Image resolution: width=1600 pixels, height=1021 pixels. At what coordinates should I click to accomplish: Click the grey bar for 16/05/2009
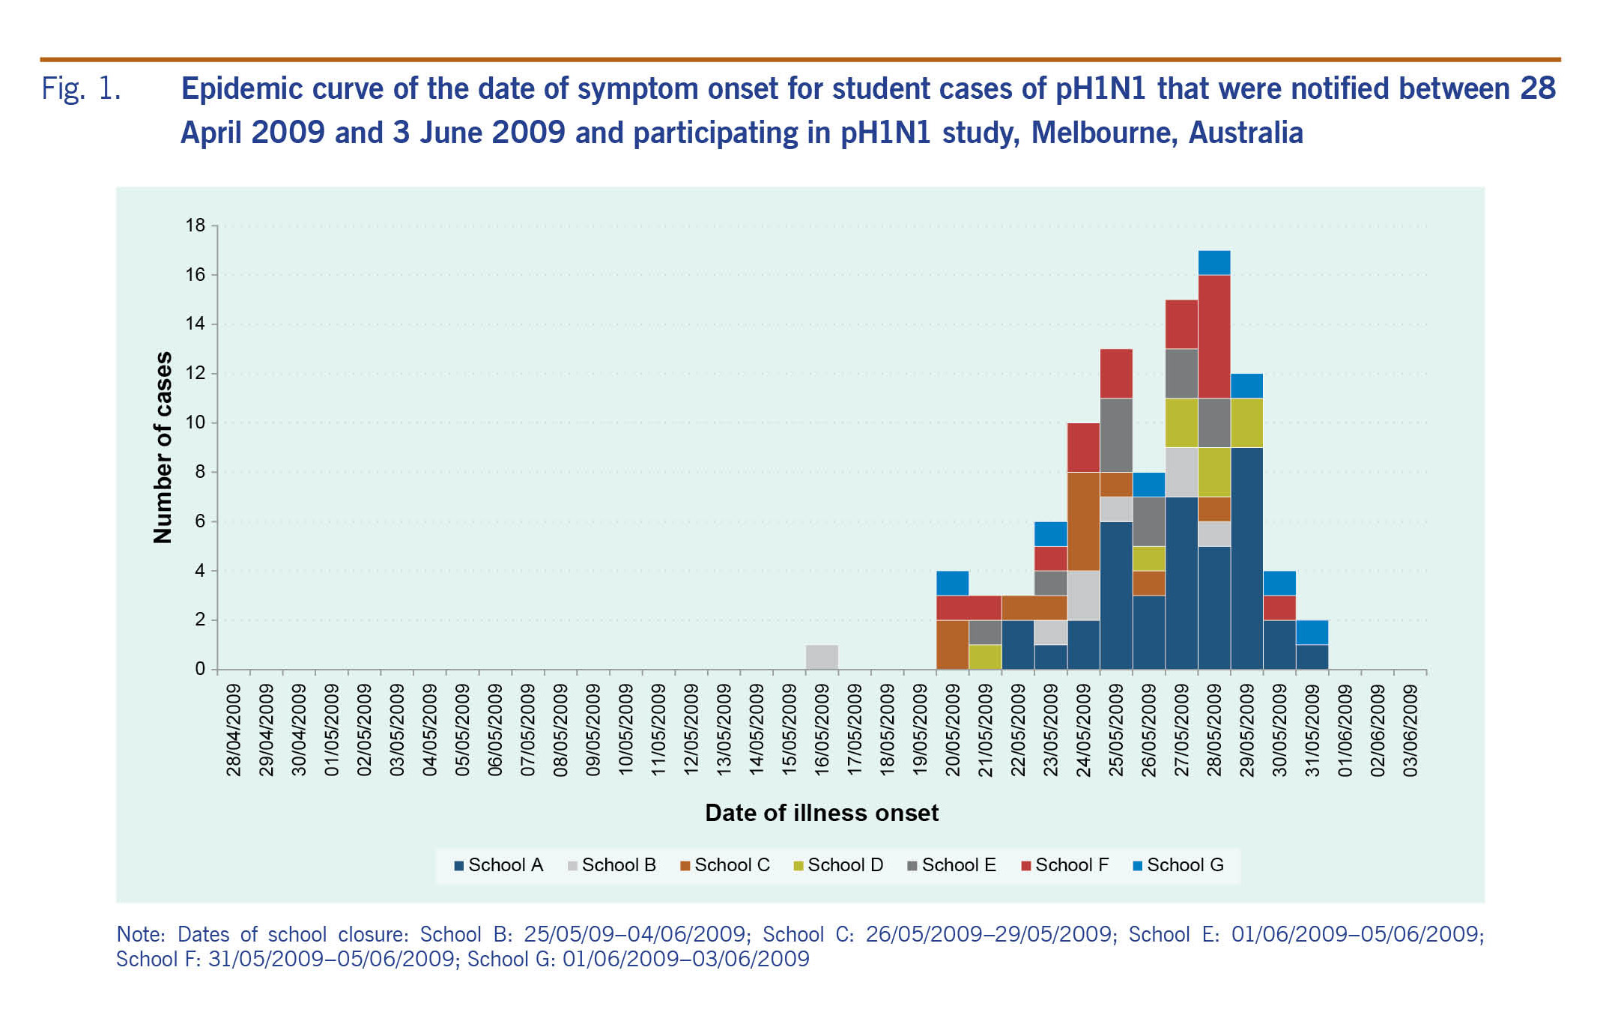click(822, 657)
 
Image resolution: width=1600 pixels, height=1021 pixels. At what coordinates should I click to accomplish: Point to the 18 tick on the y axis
click(196, 225)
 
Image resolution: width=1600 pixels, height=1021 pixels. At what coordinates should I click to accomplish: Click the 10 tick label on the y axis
click(196, 422)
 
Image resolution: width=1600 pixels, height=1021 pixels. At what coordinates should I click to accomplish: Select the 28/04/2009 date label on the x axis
click(234, 730)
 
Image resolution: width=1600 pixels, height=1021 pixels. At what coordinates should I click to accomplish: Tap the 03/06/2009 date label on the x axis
click(1410, 730)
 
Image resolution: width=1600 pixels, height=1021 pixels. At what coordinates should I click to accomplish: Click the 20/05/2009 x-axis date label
click(952, 730)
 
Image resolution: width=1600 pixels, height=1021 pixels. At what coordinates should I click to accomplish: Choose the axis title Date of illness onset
click(822, 813)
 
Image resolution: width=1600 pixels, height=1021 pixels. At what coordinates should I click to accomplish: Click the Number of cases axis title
click(163, 447)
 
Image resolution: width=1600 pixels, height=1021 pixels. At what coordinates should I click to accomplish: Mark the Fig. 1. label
click(81, 89)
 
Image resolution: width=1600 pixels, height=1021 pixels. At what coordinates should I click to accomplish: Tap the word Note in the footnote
click(139, 935)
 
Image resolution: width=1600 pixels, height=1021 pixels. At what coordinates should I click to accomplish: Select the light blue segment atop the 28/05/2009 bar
click(1214, 263)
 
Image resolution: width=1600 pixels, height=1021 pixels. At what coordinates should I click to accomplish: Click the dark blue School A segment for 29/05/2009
click(1246, 558)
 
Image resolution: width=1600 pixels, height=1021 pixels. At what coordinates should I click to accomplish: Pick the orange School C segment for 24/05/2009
click(1083, 521)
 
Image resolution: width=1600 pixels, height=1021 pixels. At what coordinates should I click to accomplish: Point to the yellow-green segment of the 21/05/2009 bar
click(985, 657)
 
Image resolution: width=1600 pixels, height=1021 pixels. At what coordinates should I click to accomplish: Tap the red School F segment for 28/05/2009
click(1214, 336)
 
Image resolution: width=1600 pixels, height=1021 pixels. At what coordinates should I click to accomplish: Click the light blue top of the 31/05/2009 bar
click(1312, 632)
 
